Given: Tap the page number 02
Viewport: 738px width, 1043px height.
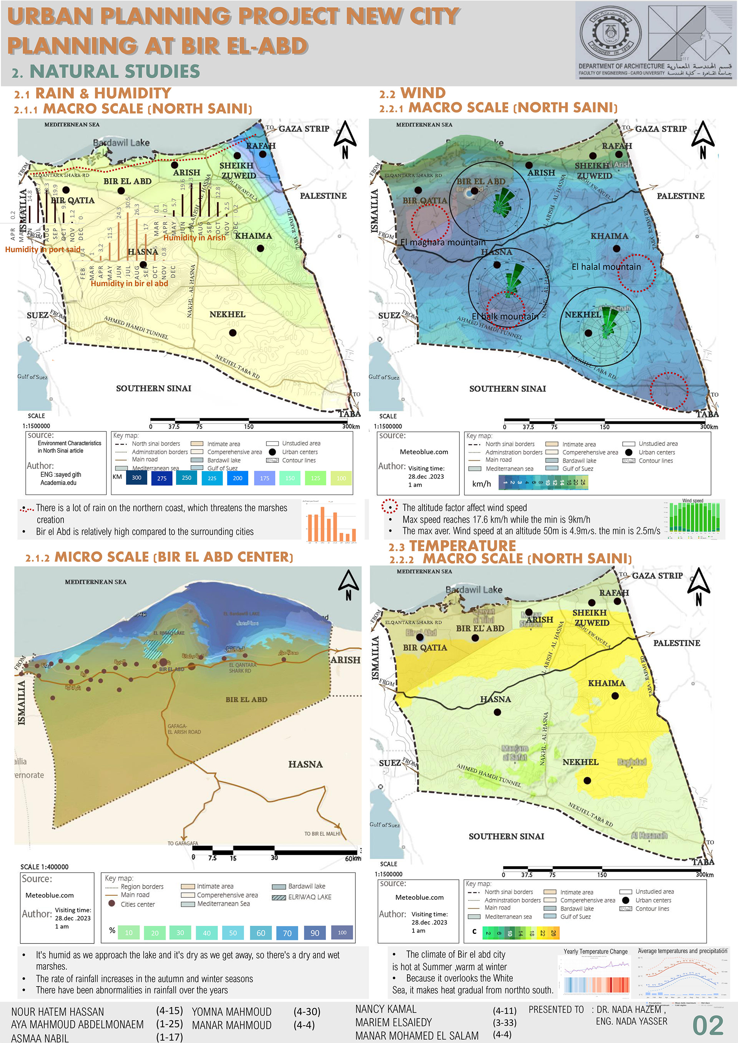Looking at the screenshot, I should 708,1025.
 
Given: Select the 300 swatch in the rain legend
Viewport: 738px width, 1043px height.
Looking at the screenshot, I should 137,478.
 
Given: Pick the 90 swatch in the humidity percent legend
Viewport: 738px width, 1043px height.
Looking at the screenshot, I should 315,933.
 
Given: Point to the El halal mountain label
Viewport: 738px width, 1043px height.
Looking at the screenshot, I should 606,267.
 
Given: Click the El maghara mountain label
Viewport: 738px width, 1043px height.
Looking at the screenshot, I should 443,242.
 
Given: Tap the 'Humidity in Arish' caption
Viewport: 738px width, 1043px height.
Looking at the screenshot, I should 194,237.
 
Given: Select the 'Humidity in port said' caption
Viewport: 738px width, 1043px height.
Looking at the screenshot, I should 43,249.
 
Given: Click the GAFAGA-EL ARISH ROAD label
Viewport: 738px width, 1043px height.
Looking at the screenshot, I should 184,729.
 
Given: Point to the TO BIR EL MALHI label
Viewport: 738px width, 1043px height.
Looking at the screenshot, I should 322,834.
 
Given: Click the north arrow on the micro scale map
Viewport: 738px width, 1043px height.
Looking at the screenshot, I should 349,585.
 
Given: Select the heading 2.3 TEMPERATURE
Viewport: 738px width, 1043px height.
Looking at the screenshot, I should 452,546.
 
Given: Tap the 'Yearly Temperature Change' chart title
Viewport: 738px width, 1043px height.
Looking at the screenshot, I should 595,951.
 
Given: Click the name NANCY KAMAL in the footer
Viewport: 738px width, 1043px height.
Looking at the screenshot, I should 386,1009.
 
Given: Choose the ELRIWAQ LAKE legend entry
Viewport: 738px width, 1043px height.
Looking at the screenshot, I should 309,897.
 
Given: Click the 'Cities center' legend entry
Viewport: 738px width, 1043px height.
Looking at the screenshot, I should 137,904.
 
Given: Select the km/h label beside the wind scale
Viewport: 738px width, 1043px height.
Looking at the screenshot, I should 481,484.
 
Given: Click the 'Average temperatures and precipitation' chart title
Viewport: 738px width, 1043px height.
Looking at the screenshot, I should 682,951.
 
